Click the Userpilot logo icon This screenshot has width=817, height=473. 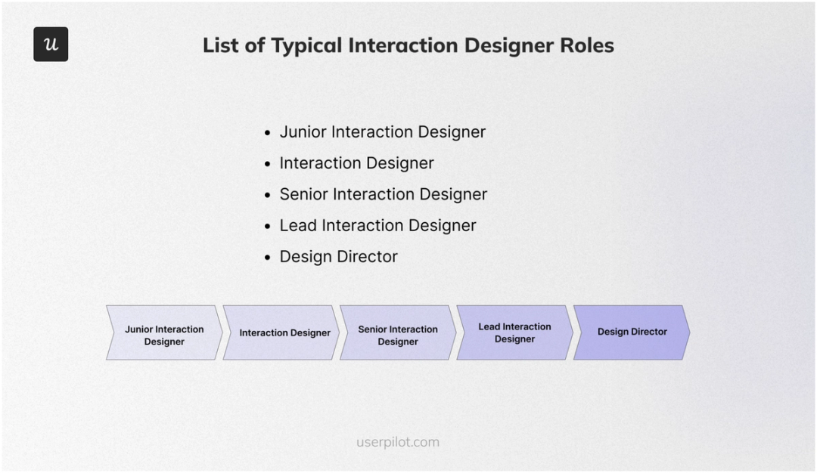51,45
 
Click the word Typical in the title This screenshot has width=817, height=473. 306,45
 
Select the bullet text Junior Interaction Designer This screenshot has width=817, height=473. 382,132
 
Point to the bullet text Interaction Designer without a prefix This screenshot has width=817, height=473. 356,163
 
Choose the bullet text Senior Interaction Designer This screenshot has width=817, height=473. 383,194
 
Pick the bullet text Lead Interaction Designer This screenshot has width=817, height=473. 377,226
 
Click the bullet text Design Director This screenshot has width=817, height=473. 338,257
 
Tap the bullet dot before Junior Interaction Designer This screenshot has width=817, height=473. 267,133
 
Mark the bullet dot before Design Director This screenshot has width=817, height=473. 267,258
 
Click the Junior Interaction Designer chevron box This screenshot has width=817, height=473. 164,332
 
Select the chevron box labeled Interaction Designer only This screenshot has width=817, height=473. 284,332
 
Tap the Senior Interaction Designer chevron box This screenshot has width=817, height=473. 398,332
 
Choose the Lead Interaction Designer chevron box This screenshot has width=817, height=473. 514,332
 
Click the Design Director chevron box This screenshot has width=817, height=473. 632,332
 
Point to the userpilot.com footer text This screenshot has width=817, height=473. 398,442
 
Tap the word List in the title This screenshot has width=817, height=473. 221,45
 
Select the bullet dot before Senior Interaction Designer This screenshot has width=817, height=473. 267,195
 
